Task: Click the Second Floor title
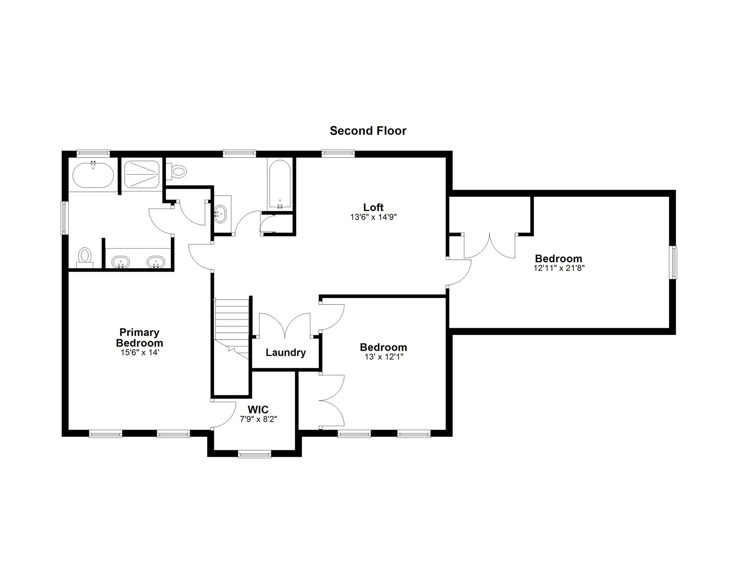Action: click(x=368, y=131)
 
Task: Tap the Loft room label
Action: click(x=373, y=207)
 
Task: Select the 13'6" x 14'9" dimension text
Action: click(x=373, y=217)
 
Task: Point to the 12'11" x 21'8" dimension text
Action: click(x=559, y=268)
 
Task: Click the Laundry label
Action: click(x=286, y=352)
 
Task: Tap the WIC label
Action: click(x=258, y=409)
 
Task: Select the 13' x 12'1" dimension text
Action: click(x=384, y=357)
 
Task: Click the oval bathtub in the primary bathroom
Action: click(x=93, y=175)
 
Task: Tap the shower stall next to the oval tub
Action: click(x=141, y=174)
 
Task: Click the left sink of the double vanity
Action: click(x=121, y=262)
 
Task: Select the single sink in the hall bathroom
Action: click(x=221, y=214)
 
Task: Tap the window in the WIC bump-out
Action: click(x=255, y=454)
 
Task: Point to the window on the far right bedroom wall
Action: click(x=674, y=263)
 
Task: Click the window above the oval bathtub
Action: click(x=93, y=153)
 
